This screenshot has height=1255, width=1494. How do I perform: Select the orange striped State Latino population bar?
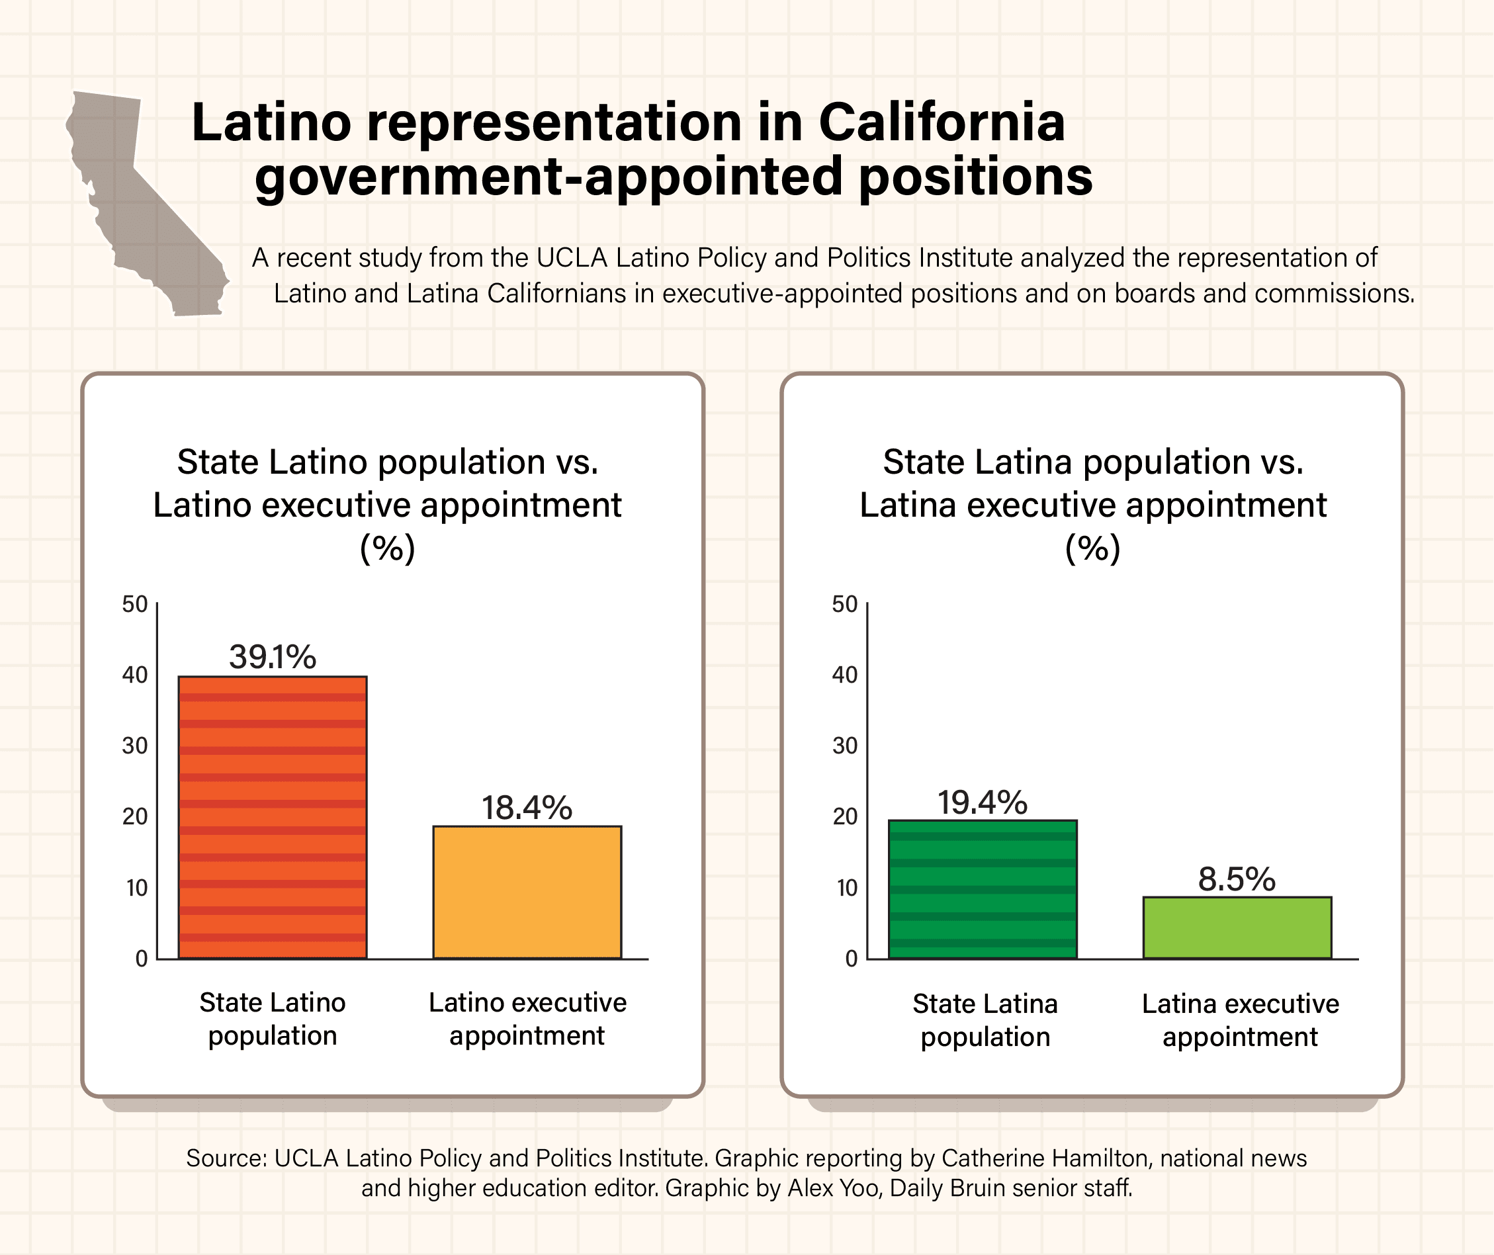tap(273, 818)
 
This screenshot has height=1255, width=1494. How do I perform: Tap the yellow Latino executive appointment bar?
tap(527, 892)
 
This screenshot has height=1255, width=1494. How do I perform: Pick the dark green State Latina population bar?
tap(983, 889)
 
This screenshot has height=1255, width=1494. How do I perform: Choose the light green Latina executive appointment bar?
tap(1237, 928)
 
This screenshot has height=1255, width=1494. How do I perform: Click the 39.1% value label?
tap(273, 657)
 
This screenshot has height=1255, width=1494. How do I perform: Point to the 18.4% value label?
tap(527, 808)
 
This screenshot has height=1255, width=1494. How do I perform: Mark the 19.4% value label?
tap(983, 802)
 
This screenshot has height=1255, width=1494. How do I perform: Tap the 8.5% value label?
tap(1237, 879)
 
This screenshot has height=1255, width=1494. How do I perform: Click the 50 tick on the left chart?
tap(134, 605)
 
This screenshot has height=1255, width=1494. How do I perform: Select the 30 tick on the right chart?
tap(845, 746)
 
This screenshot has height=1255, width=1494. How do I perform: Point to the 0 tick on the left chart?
tap(141, 959)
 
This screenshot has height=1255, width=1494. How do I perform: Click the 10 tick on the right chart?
tap(847, 888)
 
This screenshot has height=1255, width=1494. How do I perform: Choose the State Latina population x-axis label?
tap(985, 1020)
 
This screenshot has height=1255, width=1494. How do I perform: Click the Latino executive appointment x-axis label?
tap(527, 1019)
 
